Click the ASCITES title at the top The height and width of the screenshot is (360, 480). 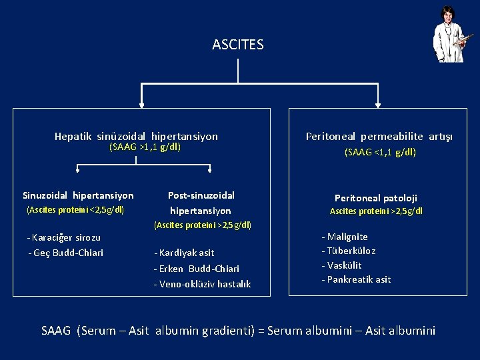click(238, 45)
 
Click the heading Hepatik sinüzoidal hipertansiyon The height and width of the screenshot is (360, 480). click(136, 136)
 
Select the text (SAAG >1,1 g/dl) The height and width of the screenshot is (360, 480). click(145, 147)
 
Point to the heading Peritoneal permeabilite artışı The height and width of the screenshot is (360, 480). click(379, 136)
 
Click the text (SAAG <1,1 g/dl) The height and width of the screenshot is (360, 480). click(380, 152)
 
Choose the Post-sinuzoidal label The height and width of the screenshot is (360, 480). click(201, 195)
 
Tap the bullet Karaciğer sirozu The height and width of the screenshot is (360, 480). click(64, 237)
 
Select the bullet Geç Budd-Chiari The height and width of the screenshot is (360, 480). click(66, 252)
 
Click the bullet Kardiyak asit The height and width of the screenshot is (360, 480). click(184, 253)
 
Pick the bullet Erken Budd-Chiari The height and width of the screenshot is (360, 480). click(196, 269)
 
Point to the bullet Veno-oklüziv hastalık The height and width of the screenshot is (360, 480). click(202, 284)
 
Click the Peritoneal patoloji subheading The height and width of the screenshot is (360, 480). click(376, 198)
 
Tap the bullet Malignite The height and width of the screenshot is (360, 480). click(345, 237)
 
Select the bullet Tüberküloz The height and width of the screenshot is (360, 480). click(349, 251)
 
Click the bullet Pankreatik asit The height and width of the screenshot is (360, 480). click(356, 279)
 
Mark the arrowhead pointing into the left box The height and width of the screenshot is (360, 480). click(140, 103)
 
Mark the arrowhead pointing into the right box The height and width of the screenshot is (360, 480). click(378, 103)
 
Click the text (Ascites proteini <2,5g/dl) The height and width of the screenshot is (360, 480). click(75, 210)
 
